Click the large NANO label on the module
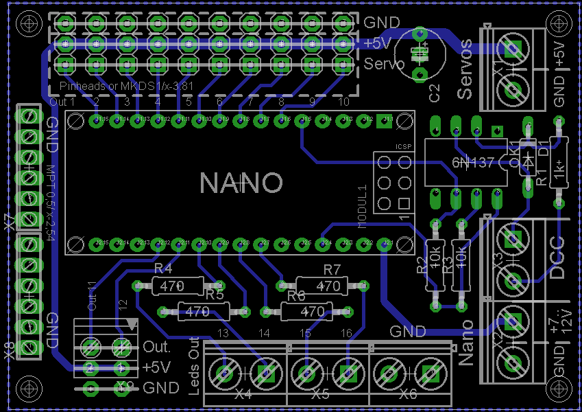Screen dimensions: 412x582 click(x=241, y=183)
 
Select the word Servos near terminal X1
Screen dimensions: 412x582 click(x=465, y=69)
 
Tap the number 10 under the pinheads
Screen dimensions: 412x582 click(x=343, y=102)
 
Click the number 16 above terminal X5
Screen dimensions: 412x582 click(x=347, y=333)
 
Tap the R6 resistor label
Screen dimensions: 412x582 click(x=296, y=296)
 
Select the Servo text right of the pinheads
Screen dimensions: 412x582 click(x=384, y=65)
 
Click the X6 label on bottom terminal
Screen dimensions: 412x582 click(x=407, y=396)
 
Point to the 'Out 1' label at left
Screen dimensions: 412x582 click(x=62, y=102)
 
